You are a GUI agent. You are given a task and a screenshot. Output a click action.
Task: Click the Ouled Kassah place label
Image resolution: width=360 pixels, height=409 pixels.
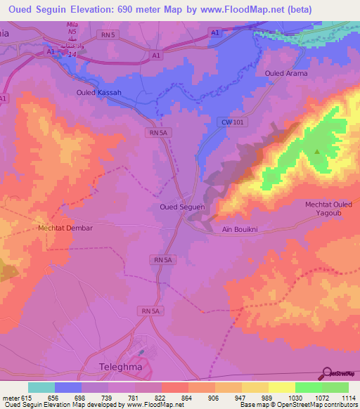[98, 93]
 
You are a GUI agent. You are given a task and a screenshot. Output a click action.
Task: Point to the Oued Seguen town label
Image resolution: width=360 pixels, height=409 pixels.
[182, 207]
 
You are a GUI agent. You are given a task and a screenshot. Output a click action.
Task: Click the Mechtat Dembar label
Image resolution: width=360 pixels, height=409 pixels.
[65, 228]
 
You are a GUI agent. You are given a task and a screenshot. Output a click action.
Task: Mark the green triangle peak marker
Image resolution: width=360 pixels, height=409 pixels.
[317, 151]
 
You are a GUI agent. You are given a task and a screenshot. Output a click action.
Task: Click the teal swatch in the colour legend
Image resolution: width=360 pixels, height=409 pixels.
[41, 387]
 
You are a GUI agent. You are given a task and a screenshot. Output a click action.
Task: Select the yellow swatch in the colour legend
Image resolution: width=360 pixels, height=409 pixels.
[281, 387]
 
